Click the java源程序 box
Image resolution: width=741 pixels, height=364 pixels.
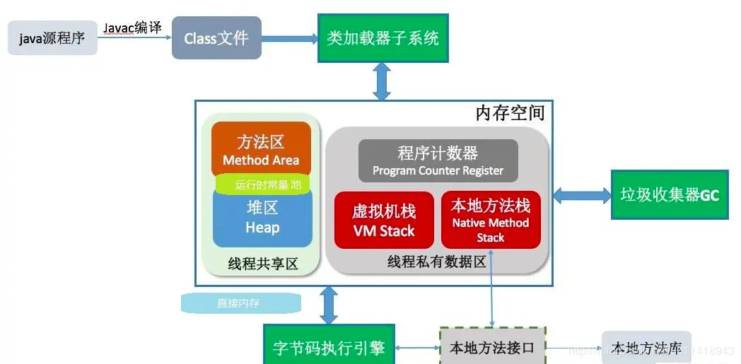(x=52, y=38)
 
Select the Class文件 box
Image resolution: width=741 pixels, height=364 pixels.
(x=216, y=38)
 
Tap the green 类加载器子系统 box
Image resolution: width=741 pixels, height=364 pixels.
(x=383, y=38)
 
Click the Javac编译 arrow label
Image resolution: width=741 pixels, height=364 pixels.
(x=132, y=28)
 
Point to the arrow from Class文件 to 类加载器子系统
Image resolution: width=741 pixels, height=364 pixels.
(x=289, y=39)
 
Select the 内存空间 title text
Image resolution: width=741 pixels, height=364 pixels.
(x=509, y=113)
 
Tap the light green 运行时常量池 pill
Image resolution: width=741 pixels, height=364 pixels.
(x=262, y=185)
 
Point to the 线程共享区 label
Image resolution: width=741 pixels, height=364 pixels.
(x=262, y=264)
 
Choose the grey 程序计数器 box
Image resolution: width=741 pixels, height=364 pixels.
(x=438, y=160)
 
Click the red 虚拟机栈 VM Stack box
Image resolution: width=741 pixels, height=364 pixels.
(x=384, y=221)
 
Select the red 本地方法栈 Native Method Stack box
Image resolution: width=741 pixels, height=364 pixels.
(x=491, y=221)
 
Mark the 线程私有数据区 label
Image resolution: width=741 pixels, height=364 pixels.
(x=436, y=262)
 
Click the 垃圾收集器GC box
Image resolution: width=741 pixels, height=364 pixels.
(x=669, y=194)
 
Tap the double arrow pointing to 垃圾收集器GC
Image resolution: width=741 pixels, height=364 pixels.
(x=582, y=194)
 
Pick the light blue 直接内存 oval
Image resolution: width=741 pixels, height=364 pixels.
(x=240, y=303)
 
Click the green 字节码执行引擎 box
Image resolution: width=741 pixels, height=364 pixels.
(x=329, y=348)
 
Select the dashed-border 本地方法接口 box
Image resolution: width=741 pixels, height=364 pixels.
(x=492, y=348)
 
